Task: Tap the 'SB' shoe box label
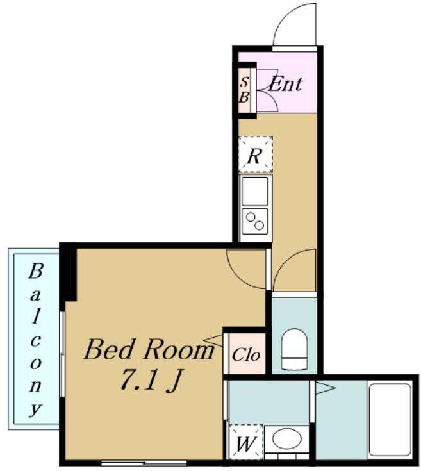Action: [244, 90]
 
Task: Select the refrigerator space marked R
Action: [256, 154]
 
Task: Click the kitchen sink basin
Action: [255, 191]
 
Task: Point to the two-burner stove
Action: [255, 221]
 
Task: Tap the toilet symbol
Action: [295, 349]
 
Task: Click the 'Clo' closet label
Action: [245, 355]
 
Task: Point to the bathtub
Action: [390, 420]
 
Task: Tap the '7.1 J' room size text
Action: [150, 381]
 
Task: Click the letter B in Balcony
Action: [35, 271]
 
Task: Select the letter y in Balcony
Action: [35, 409]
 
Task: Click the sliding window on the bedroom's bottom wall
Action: [144, 463]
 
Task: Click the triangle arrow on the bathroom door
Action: [325, 388]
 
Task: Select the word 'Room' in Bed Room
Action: [178, 349]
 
